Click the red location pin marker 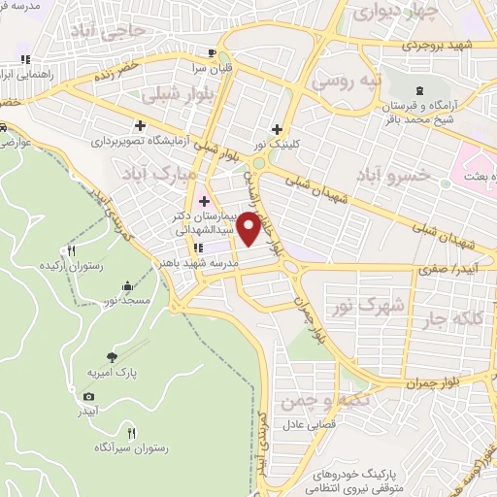249,229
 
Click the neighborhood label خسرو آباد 392,175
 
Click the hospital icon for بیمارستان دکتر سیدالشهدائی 204,202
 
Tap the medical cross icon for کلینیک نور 278,129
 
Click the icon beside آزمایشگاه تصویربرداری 142,125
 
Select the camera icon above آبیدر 89,396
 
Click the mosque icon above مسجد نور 129,285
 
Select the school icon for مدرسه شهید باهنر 198,247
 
